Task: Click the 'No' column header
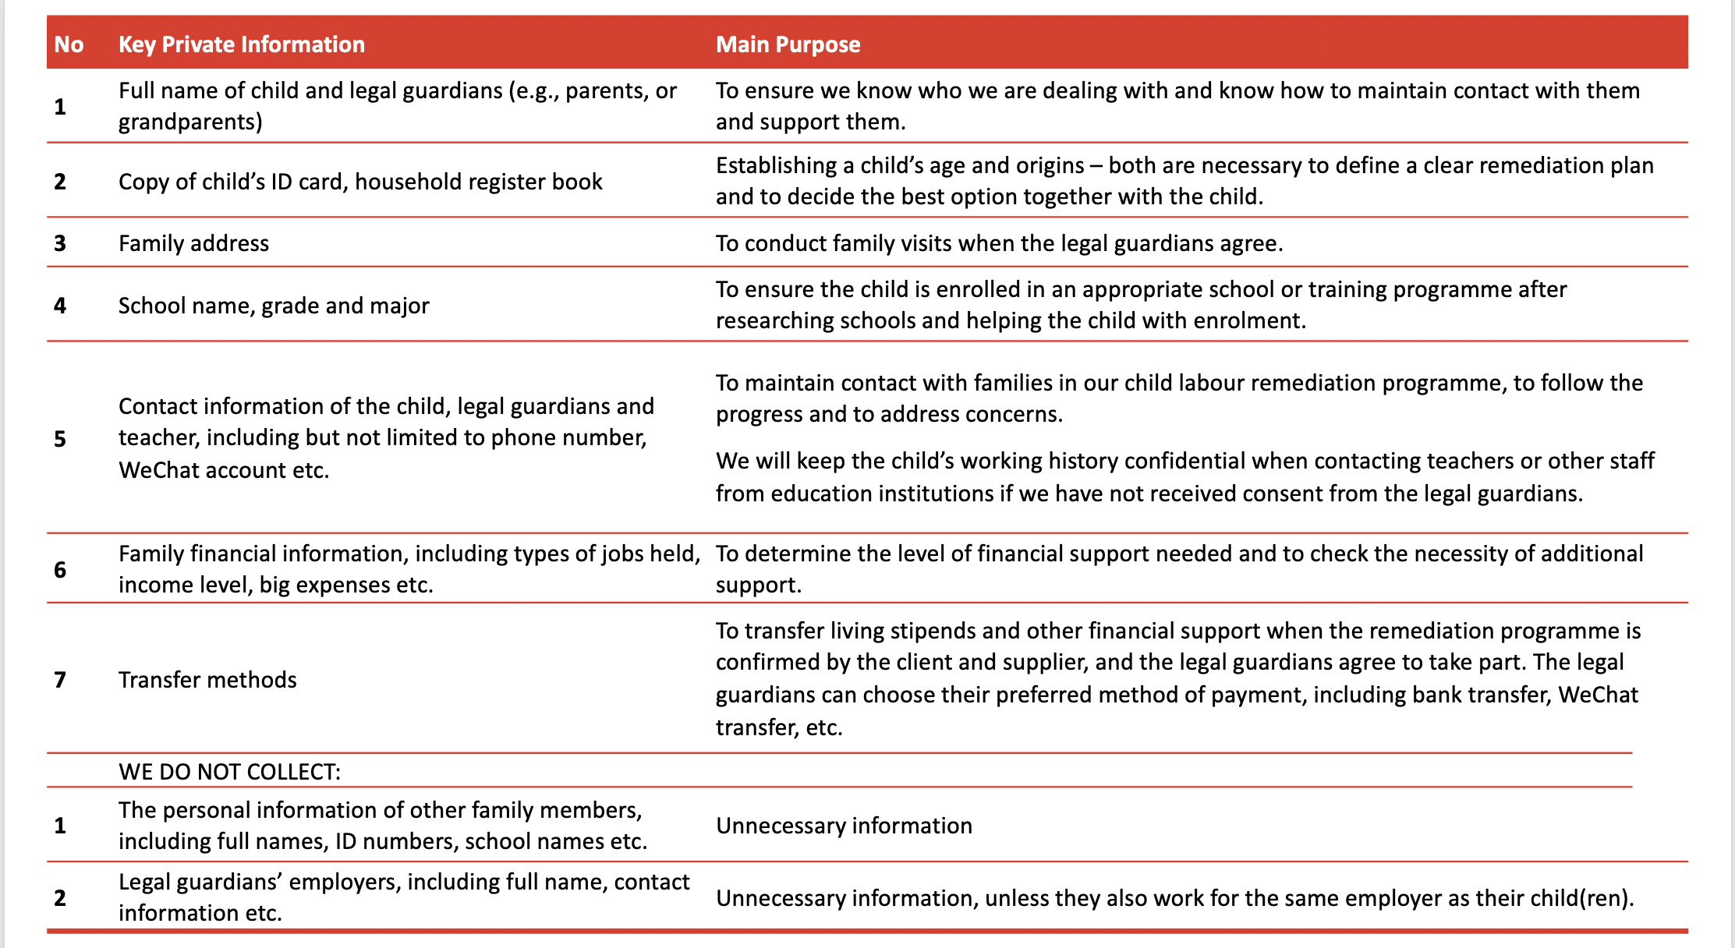tap(69, 44)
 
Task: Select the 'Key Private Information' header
tap(241, 44)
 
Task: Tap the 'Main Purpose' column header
tap(788, 44)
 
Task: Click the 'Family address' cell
tap(193, 243)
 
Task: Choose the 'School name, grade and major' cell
tap(273, 306)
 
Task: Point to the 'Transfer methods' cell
tap(207, 680)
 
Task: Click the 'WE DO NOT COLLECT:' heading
tap(229, 772)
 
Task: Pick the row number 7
tap(60, 680)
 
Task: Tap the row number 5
tap(60, 439)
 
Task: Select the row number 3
tap(60, 243)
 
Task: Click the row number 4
tap(60, 306)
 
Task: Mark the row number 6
tap(60, 570)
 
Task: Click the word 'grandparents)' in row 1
tap(190, 122)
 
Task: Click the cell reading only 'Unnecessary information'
tap(844, 826)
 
